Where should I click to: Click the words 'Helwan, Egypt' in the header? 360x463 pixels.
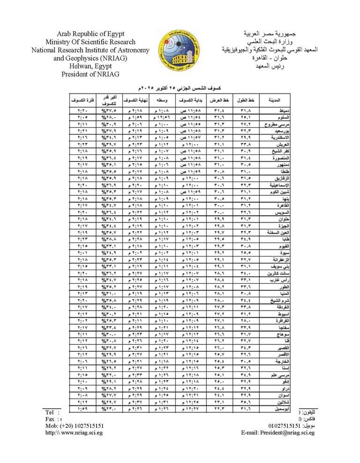(x=90, y=66)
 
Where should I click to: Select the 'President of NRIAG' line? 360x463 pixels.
(x=90, y=74)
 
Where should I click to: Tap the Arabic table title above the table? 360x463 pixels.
(x=180, y=88)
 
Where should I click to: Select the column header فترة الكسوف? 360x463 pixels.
(x=80, y=100)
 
